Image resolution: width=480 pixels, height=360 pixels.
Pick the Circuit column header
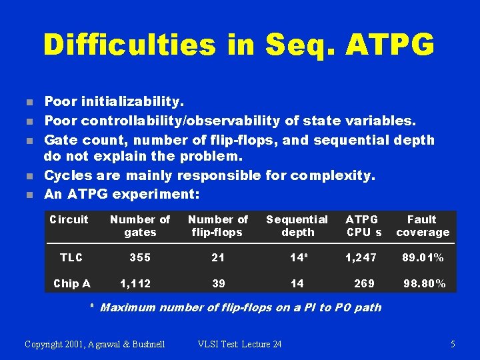tap(69, 219)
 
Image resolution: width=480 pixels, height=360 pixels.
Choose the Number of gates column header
tap(140, 225)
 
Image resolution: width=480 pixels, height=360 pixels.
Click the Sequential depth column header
tap(297, 225)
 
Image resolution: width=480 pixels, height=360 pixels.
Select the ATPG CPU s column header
tap(363, 225)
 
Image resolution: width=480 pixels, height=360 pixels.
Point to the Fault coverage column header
tap(422, 225)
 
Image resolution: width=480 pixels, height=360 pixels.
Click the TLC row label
tap(71, 257)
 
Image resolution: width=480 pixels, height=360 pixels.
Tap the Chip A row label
tap(71, 283)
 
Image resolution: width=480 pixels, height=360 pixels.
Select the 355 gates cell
tap(140, 257)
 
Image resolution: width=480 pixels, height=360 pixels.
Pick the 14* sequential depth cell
tap(297, 257)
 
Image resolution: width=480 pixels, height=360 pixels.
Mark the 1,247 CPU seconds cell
tap(361, 257)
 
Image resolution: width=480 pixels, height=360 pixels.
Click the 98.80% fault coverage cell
tap(425, 283)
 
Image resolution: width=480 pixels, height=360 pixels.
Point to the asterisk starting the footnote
tap(93, 307)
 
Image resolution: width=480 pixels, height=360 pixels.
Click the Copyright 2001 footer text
tap(95, 344)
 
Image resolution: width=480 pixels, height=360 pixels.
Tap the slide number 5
tap(453, 344)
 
